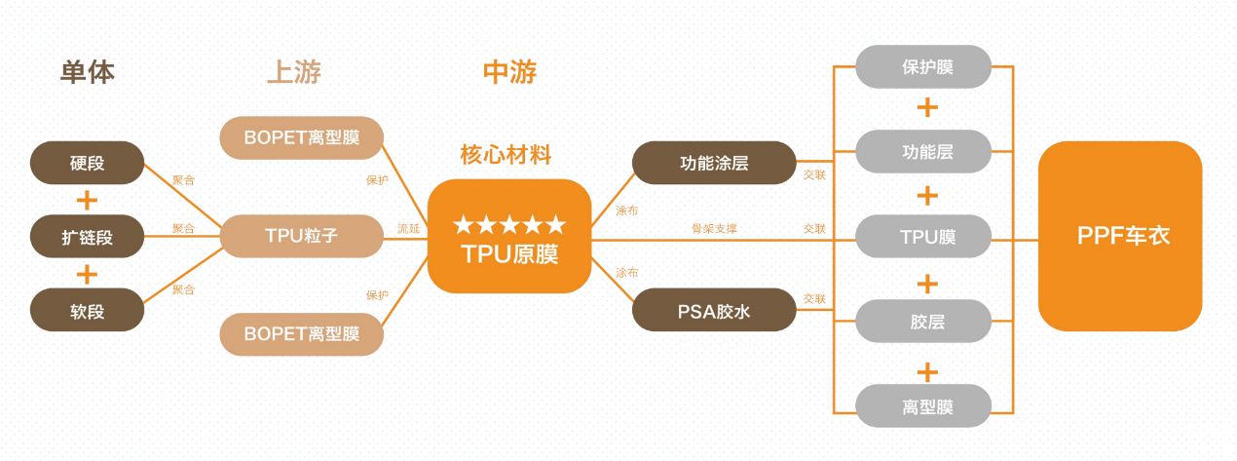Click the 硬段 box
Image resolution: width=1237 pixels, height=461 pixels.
(x=87, y=163)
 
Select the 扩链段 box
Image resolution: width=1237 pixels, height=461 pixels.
(x=87, y=236)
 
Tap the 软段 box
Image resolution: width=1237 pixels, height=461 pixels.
(x=87, y=310)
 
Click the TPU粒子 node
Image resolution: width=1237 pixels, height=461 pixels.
(x=301, y=236)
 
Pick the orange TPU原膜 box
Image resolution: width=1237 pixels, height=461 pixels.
(x=509, y=237)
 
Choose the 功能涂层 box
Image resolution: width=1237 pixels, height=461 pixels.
(x=714, y=163)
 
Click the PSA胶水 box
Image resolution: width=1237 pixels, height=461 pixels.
(x=714, y=310)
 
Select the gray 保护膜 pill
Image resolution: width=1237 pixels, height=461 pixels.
(x=923, y=67)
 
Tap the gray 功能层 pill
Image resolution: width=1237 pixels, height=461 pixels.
(x=923, y=152)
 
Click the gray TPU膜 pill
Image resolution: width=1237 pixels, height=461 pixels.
(x=923, y=237)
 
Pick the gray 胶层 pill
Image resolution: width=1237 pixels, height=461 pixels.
(x=923, y=322)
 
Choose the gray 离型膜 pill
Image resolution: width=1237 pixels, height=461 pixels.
(x=923, y=406)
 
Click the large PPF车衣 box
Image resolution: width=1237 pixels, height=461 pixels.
(x=1120, y=237)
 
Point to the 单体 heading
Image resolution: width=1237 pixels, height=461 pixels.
(x=88, y=72)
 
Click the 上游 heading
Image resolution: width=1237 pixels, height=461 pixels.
(x=294, y=72)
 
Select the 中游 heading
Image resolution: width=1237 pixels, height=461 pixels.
(x=509, y=72)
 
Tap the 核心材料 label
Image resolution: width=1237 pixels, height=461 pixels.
(x=506, y=155)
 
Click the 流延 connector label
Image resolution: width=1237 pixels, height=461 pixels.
(x=408, y=229)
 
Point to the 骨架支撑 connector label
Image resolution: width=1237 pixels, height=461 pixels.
(x=714, y=229)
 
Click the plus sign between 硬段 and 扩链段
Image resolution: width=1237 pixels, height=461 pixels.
(x=87, y=200)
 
